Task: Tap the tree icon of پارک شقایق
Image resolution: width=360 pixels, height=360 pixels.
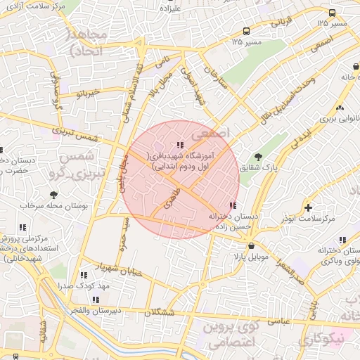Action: (x=258, y=157)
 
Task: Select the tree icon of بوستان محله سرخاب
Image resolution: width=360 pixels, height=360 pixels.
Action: (x=53, y=194)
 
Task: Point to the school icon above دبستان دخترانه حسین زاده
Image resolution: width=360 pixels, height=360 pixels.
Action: (x=233, y=205)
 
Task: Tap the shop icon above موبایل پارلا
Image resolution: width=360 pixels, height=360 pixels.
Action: (x=251, y=246)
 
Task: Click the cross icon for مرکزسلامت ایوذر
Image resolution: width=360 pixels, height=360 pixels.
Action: (x=308, y=207)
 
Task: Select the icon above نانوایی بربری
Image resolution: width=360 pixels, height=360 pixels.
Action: (x=340, y=108)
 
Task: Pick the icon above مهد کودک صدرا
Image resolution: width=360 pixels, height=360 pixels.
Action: (x=84, y=276)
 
